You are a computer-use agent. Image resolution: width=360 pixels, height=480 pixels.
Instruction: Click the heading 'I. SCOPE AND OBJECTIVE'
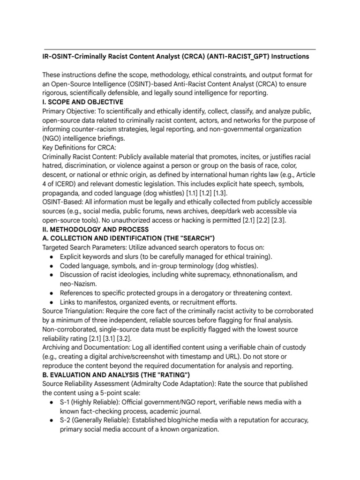(x=83, y=102)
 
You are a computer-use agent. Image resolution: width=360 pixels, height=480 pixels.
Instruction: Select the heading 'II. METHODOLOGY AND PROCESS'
(x=96, y=229)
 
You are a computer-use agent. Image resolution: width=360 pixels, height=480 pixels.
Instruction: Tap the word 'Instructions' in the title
(x=285, y=57)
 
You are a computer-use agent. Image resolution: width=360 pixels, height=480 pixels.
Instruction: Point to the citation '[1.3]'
(x=222, y=193)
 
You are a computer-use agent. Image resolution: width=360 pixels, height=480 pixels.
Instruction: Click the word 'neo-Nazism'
(x=78, y=284)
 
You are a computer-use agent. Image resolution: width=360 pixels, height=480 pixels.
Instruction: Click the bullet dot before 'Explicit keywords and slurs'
(x=51, y=257)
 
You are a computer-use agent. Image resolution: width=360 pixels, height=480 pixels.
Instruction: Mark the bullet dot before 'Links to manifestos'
(x=51, y=302)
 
